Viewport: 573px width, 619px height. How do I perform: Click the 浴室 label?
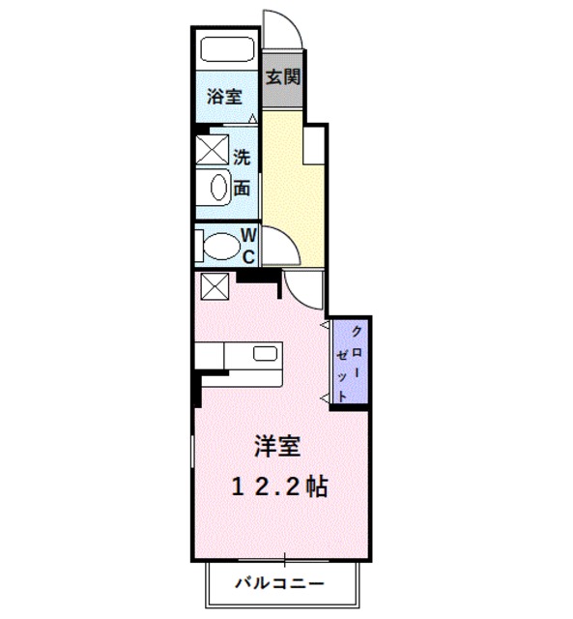point(223,97)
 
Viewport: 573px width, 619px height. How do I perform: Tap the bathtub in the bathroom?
point(225,48)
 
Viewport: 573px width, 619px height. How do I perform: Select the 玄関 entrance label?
point(281,75)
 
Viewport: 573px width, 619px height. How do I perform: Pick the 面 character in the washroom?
point(242,188)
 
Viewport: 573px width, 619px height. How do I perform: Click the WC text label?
point(247,245)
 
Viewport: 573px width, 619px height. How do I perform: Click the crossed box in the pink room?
point(213,286)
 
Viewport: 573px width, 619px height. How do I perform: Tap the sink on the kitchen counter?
point(265,352)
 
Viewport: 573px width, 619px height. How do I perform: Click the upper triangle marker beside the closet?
point(326,328)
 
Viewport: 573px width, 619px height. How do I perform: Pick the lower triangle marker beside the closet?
point(326,397)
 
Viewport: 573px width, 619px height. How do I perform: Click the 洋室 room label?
point(276,447)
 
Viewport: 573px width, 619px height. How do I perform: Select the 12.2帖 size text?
point(277,486)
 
